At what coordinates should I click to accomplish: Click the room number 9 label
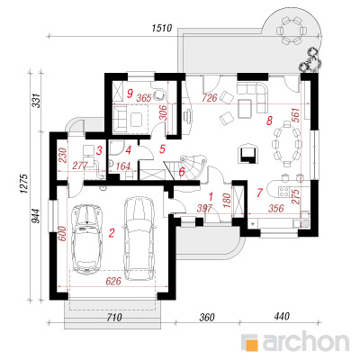[130, 94]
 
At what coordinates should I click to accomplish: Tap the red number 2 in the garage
[112, 233]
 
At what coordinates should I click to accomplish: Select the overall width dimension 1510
[162, 28]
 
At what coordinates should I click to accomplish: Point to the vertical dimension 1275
[24, 184]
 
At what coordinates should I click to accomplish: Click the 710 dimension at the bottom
[113, 317]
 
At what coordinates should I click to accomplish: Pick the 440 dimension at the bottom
[281, 316]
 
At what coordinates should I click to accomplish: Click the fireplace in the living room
[248, 153]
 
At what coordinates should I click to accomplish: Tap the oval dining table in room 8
[286, 143]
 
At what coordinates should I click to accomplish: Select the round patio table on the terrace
[292, 30]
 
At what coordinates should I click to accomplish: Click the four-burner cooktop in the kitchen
[283, 192]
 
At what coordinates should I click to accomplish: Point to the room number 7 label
[260, 193]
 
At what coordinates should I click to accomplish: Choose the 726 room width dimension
[210, 97]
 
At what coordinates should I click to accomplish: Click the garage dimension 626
[113, 281]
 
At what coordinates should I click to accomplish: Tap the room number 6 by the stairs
[182, 172]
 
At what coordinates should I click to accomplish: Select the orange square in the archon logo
[252, 344]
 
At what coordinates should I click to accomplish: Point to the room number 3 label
[99, 150]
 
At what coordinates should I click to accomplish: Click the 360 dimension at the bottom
[207, 317]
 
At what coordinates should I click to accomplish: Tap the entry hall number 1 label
[211, 196]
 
